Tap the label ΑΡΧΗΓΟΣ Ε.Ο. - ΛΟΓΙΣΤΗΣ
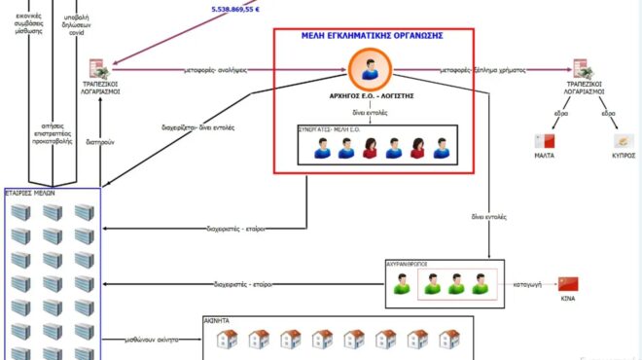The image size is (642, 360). click(x=374, y=97)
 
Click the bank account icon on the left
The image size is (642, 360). click(x=99, y=69)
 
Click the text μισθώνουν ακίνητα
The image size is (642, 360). click(x=154, y=340)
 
